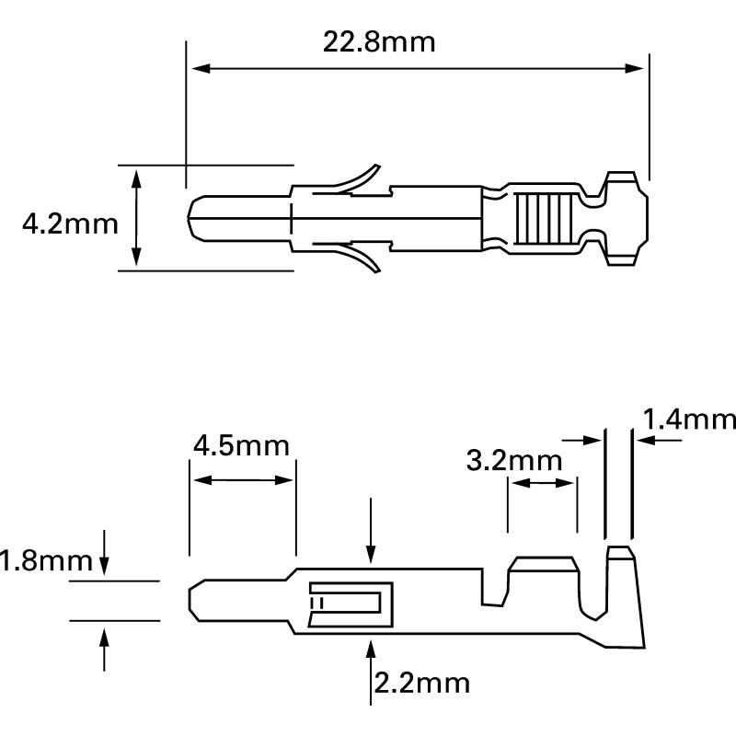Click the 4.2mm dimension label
tap(70, 223)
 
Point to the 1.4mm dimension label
tap(688, 420)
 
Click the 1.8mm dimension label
tap(48, 560)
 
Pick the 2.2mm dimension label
tap(422, 683)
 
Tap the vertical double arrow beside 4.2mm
tap(137, 218)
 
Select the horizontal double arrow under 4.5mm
tap(242, 480)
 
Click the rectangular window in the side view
tap(350, 603)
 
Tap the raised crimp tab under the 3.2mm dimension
tap(543, 566)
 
